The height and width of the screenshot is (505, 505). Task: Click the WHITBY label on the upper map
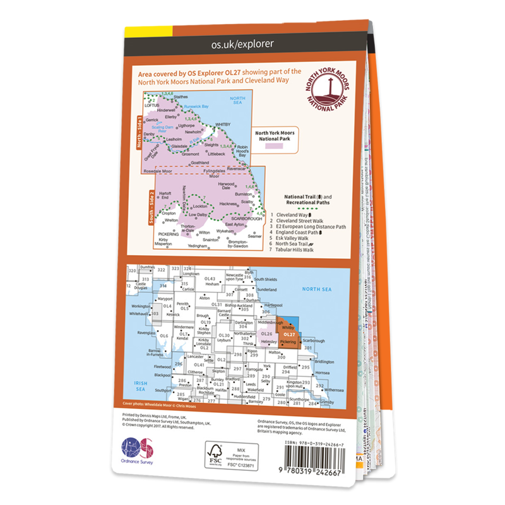pos(224,124)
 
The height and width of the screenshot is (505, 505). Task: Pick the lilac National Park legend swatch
pos(274,146)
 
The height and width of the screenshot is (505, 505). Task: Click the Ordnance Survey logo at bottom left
pos(136,453)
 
